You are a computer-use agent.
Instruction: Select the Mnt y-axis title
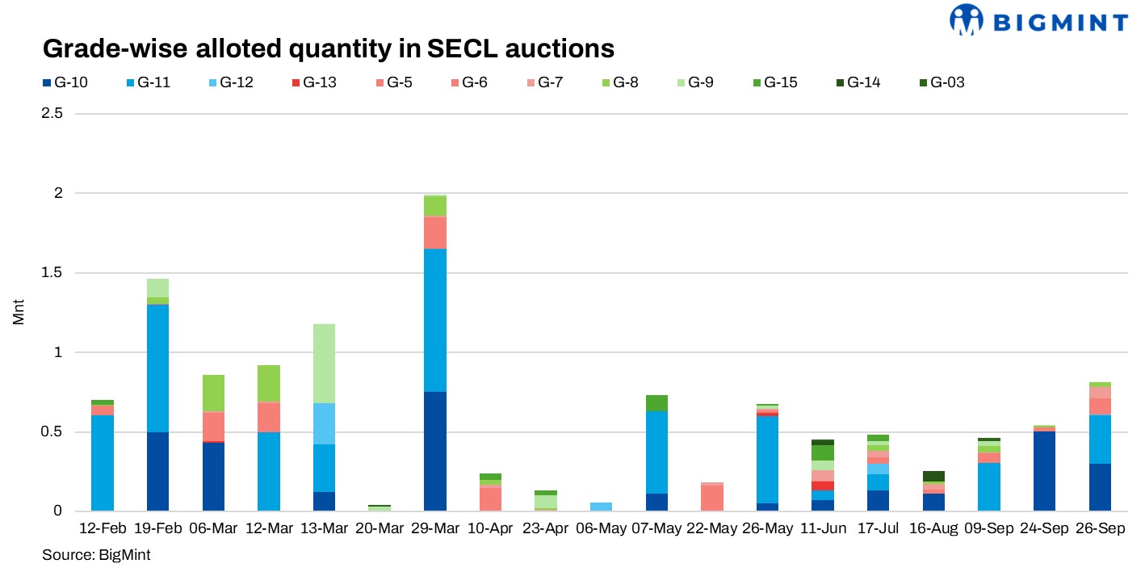coord(19,313)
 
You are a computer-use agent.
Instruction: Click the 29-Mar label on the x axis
coord(435,529)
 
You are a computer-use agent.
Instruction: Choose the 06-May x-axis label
coord(602,529)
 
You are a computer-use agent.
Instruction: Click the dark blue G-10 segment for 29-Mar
coord(435,451)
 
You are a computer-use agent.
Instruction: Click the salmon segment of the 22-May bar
coord(712,498)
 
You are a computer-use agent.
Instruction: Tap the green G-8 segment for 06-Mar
coord(213,393)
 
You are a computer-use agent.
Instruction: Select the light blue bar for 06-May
coord(602,507)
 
